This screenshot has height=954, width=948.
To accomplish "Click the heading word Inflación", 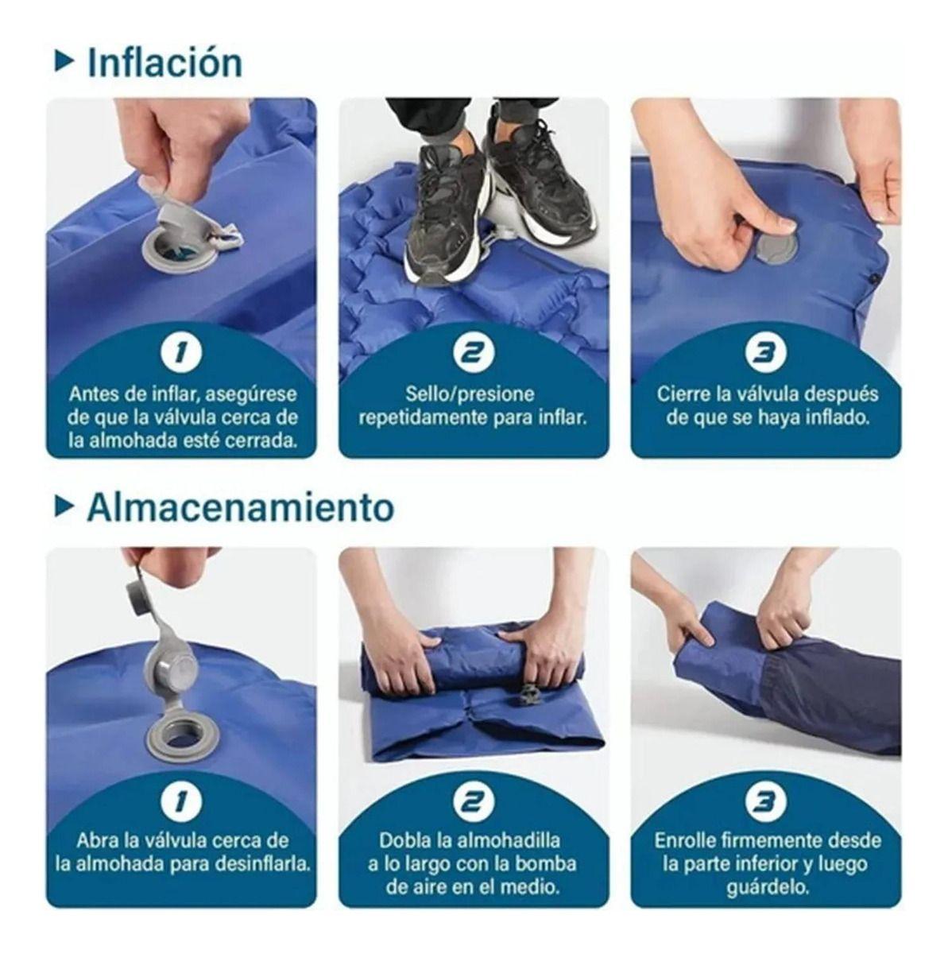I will pyautogui.click(x=164, y=64).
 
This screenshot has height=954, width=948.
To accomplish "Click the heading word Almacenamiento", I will pyautogui.click(x=241, y=506).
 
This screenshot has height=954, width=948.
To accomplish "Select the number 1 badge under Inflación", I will pyautogui.click(x=181, y=353).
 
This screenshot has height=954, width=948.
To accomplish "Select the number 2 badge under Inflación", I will pyautogui.click(x=474, y=353).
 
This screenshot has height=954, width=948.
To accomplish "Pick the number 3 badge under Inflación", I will pyautogui.click(x=766, y=353).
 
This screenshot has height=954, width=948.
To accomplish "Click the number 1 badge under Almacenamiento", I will pyautogui.click(x=181, y=801).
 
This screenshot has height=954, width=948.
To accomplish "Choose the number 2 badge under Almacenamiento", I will pyautogui.click(x=474, y=801).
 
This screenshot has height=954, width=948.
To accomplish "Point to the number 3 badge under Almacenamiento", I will pyautogui.click(x=766, y=801).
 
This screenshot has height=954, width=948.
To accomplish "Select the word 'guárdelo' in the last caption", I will pyautogui.click(x=767, y=886).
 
